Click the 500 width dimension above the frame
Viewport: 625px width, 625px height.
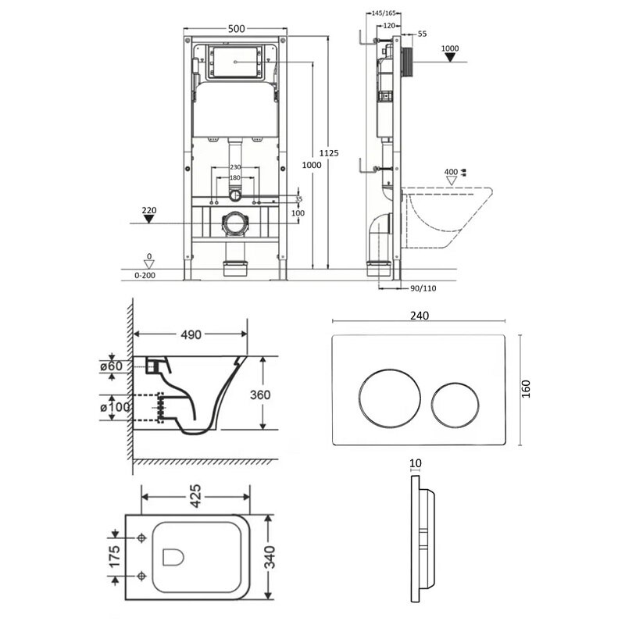tap(237, 29)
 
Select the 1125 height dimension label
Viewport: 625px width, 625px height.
tap(329, 153)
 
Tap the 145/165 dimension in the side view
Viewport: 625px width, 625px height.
tap(384, 13)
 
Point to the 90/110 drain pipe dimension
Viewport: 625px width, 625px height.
tap(423, 288)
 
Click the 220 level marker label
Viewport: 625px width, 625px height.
tap(149, 210)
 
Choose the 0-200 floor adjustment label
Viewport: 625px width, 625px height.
tap(145, 276)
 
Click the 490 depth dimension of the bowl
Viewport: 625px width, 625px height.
tap(191, 335)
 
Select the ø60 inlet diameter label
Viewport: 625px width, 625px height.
tap(112, 366)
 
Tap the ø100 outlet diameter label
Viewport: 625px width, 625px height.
tap(115, 407)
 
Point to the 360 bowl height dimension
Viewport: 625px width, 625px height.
tap(260, 395)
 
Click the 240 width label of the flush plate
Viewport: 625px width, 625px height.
tap(420, 316)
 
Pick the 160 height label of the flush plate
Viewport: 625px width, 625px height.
tap(526, 389)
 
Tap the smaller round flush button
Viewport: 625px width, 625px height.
tap(455, 405)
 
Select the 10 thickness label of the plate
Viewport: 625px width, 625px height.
tap(416, 463)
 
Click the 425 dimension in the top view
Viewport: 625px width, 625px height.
tap(195, 496)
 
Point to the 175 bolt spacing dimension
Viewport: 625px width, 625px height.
tap(114, 557)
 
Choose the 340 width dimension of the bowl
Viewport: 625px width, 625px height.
tap(270, 557)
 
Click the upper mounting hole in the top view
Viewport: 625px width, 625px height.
tap(141, 538)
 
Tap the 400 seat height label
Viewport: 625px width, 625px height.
tap(451, 172)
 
